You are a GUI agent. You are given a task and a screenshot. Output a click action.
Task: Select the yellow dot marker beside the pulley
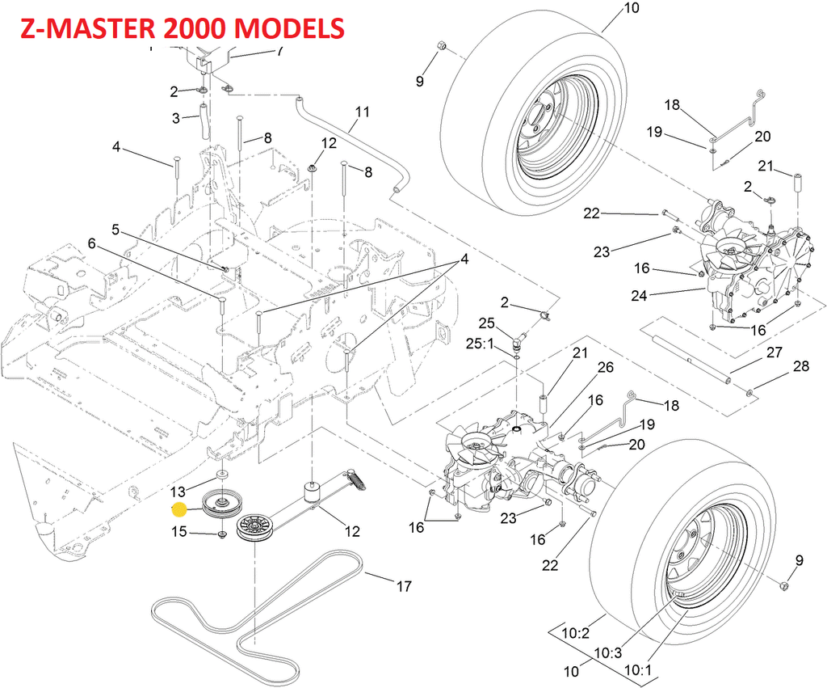pyautogui.click(x=179, y=509)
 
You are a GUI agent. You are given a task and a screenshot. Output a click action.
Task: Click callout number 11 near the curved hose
pyautogui.click(x=361, y=112)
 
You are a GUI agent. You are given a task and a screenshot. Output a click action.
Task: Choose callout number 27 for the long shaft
pyautogui.click(x=775, y=352)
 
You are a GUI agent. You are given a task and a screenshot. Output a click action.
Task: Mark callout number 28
pyautogui.click(x=800, y=366)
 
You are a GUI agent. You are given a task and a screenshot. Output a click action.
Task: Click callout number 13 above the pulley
pyautogui.click(x=178, y=491)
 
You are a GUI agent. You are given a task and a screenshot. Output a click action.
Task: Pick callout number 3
pyautogui.click(x=175, y=119)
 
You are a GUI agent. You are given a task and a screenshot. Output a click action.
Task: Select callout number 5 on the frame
pyautogui.click(x=116, y=230)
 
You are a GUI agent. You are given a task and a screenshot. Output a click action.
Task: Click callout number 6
pyautogui.click(x=92, y=243)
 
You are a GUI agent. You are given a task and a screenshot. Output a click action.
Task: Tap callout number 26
pyautogui.click(x=605, y=368)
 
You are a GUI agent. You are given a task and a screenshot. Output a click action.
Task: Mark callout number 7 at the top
pyautogui.click(x=279, y=51)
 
